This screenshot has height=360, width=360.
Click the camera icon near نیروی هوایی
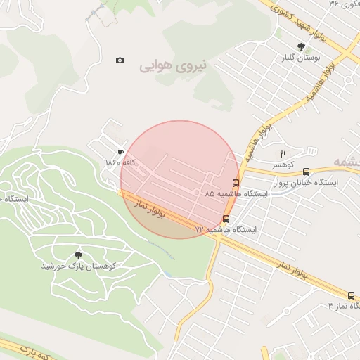[x=120, y=60]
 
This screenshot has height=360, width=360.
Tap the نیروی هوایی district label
[x=174, y=66]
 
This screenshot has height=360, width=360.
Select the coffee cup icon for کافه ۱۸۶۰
[x=120, y=152]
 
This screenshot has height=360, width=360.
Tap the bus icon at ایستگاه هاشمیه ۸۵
[x=235, y=183]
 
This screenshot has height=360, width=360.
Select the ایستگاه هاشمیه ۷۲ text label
[x=226, y=229]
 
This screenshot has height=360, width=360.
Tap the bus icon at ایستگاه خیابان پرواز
[x=306, y=172]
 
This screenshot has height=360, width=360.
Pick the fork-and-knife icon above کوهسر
[x=283, y=154]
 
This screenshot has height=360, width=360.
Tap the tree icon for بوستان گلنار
[x=301, y=46]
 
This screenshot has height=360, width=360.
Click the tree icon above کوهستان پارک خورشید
[x=78, y=255]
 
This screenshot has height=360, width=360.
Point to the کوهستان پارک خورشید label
[x=77, y=266]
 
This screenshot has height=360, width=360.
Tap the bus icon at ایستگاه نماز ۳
[x=351, y=295]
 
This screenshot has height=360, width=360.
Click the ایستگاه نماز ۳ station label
[x=344, y=306]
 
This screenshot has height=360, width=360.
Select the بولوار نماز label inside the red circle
[x=149, y=208]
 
